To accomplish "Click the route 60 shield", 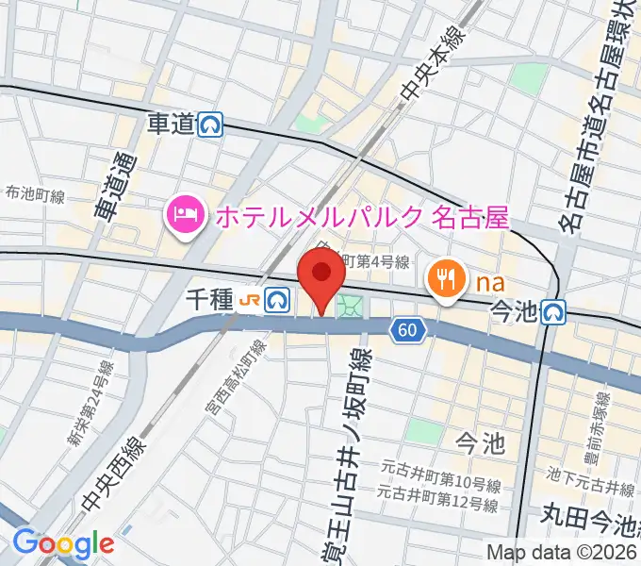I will [x=406, y=329].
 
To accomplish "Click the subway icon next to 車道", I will [x=211, y=125].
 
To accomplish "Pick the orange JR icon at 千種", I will [x=250, y=300].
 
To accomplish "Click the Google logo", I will [x=63, y=544].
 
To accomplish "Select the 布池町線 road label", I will [x=35, y=196].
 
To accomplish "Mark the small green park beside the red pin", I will [x=352, y=306].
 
